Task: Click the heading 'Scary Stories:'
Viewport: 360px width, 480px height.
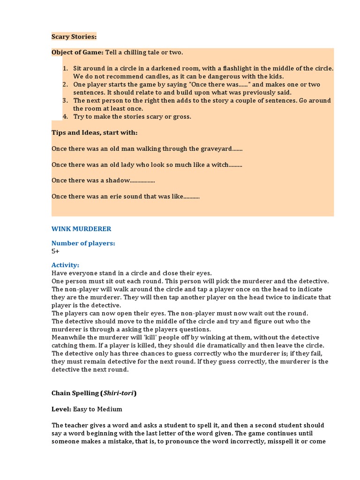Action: (x=74, y=37)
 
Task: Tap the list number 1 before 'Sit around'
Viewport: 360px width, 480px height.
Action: (x=65, y=68)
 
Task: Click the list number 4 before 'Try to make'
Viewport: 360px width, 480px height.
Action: (x=65, y=117)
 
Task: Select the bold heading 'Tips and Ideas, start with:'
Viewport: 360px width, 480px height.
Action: (x=95, y=133)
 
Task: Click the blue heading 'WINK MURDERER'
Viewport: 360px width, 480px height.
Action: (x=81, y=229)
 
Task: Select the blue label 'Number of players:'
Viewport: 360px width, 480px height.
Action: (x=83, y=243)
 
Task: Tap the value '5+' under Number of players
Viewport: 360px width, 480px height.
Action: (x=55, y=251)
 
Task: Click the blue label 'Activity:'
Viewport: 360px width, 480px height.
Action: (x=65, y=265)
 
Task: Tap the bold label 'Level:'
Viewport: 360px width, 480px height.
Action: (x=61, y=409)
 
